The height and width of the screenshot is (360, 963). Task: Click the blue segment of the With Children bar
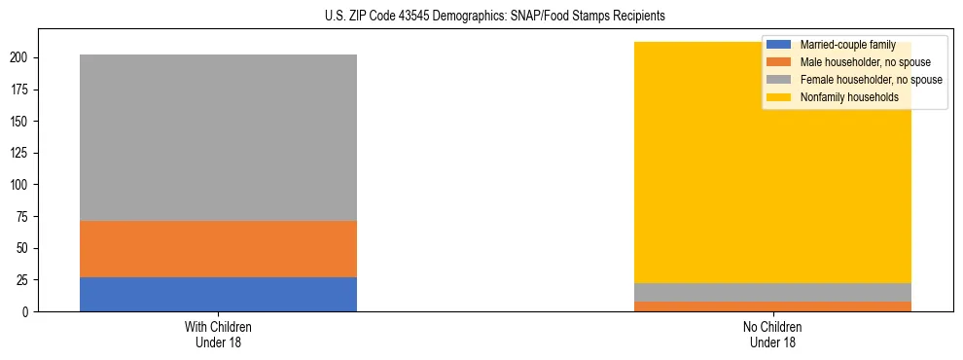pyautogui.click(x=218, y=294)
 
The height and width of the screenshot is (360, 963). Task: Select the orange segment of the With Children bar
pyautogui.click(x=218, y=249)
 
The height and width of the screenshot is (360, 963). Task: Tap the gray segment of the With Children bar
pyautogui.click(x=218, y=137)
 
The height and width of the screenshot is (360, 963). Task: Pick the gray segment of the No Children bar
pyautogui.click(x=772, y=292)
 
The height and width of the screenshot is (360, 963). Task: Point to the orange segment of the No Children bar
pyautogui.click(x=772, y=306)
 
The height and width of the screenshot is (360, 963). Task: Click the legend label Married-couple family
pyautogui.click(x=847, y=45)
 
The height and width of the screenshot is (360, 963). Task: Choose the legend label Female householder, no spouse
pyautogui.click(x=871, y=80)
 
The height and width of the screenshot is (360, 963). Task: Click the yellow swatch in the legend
pyautogui.click(x=780, y=97)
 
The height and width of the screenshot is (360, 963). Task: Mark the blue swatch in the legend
pyautogui.click(x=780, y=45)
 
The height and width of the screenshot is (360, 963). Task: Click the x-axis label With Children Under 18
pyautogui.click(x=218, y=334)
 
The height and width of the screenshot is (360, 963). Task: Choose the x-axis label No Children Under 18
pyautogui.click(x=772, y=334)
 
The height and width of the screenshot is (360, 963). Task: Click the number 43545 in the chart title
pyautogui.click(x=415, y=17)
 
